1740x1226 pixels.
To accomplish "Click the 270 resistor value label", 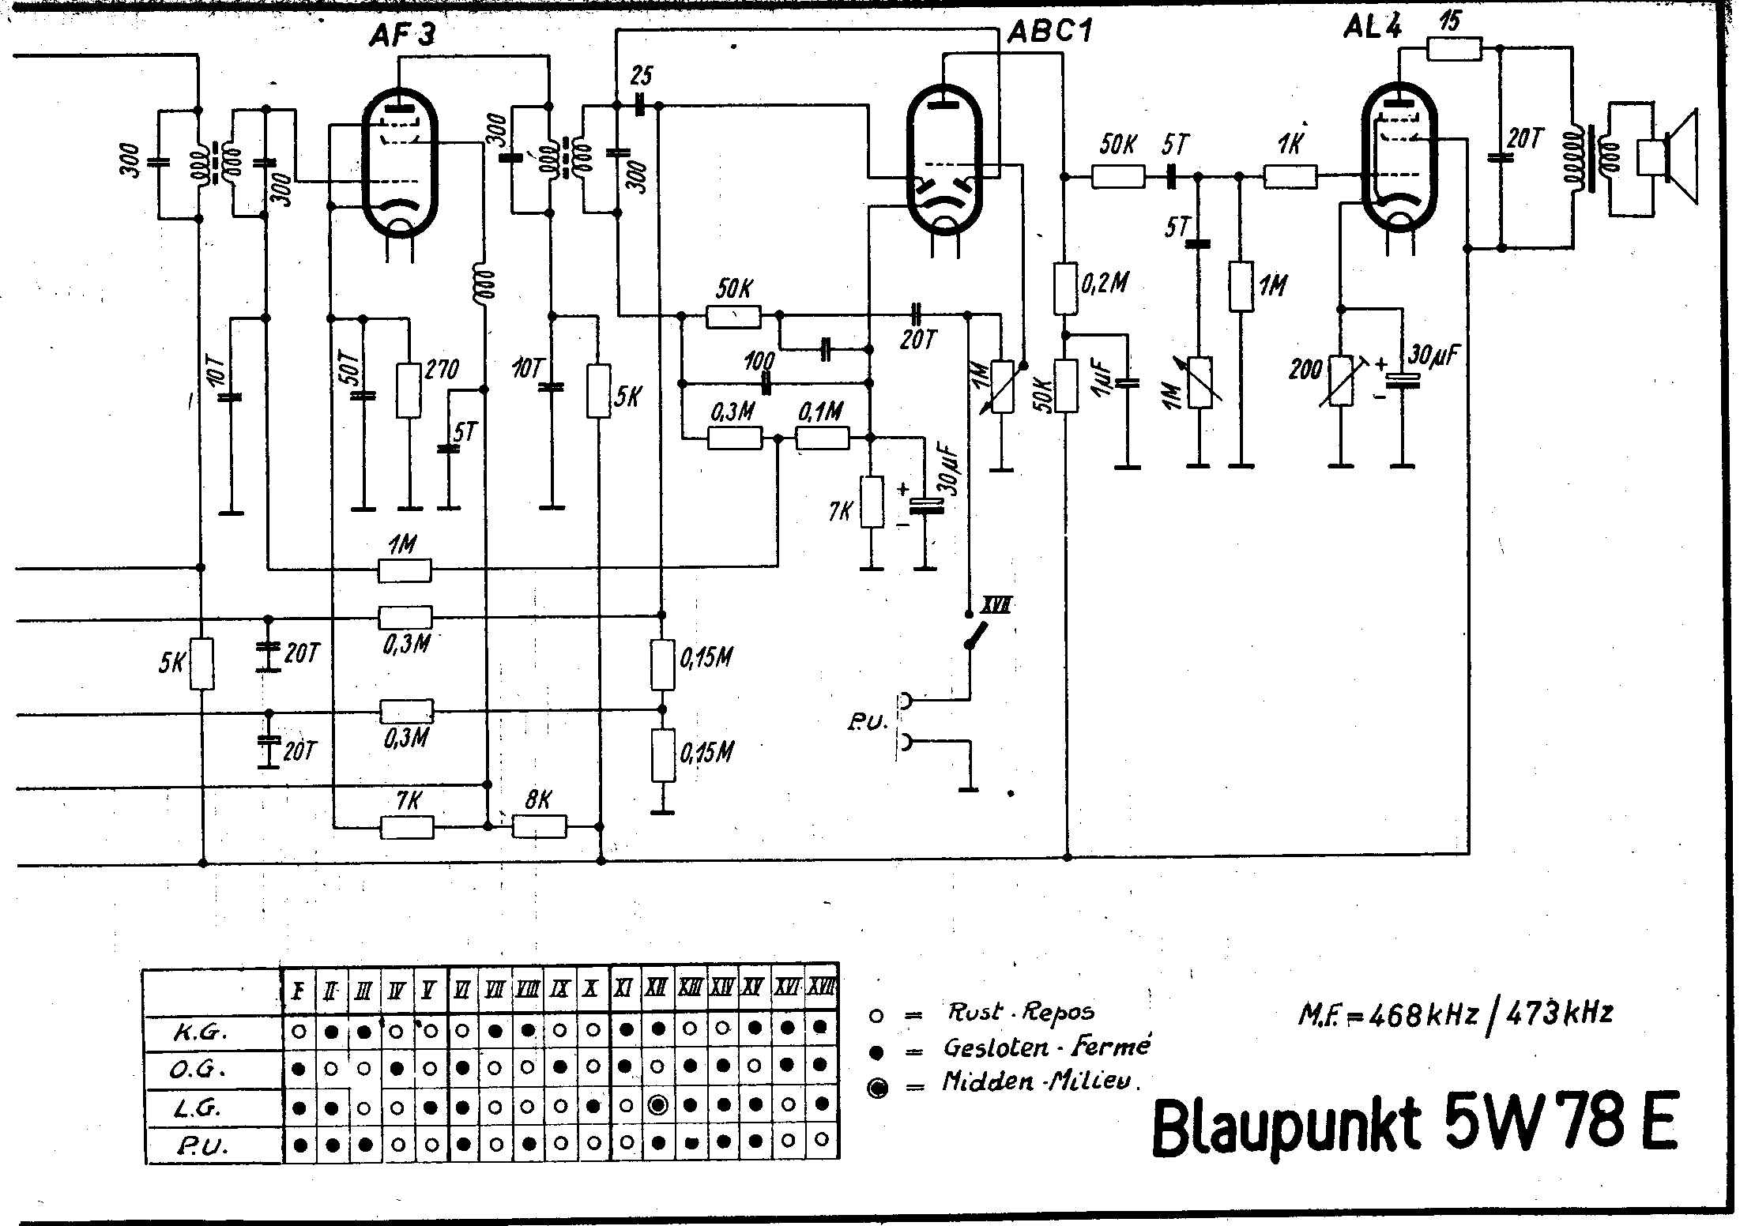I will (x=442, y=370).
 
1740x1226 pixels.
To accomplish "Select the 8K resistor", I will (x=539, y=826).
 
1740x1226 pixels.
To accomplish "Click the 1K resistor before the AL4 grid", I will (x=1290, y=177).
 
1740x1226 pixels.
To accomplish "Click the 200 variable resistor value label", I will (x=1305, y=369).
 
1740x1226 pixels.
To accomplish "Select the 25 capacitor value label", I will (x=642, y=76).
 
